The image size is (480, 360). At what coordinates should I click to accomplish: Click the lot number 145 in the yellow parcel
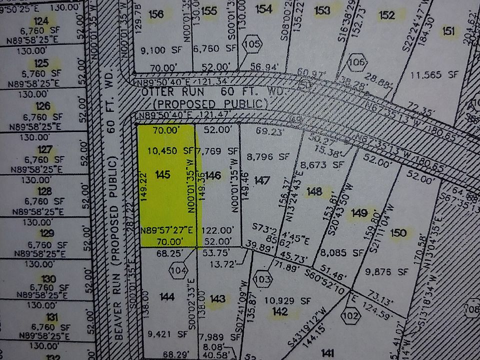(163, 174)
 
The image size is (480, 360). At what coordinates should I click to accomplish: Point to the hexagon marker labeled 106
(356, 62)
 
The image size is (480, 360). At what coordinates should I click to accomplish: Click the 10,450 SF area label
(170, 150)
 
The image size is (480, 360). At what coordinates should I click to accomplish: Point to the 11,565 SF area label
(434, 74)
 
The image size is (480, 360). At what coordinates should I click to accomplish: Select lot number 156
(156, 14)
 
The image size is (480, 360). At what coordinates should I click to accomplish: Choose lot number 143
(217, 299)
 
